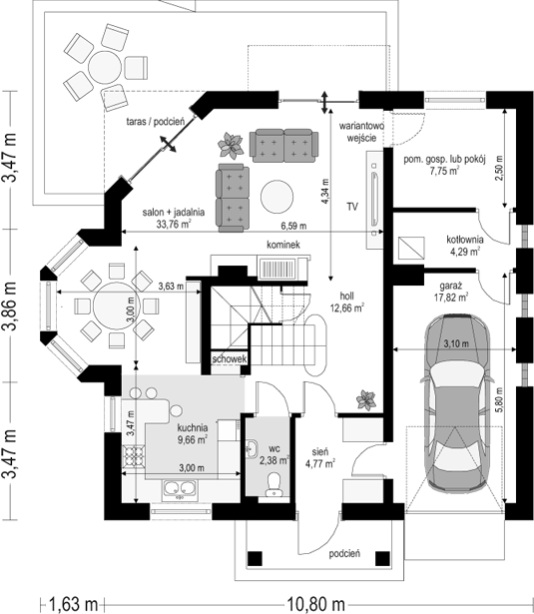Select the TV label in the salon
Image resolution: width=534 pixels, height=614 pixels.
[352, 207]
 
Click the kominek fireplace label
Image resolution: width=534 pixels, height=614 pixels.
[283, 245]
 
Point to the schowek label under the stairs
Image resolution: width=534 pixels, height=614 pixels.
[230, 358]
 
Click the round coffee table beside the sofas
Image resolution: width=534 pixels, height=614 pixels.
[276, 197]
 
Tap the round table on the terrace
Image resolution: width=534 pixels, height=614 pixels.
[105, 67]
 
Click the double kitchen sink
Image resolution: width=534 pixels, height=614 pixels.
[180, 489]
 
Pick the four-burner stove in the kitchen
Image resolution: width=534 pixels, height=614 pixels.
[134, 456]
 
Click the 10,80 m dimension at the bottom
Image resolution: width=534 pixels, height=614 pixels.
[316, 604]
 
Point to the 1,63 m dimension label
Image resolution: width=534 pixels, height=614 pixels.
[73, 604]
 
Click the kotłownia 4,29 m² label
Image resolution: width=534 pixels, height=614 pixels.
[465, 246]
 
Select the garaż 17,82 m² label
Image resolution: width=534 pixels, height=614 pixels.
[451, 292]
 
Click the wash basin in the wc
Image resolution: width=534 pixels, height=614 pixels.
[253, 448]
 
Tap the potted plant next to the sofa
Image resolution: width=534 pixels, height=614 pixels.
[231, 146]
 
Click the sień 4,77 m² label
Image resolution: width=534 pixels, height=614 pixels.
[319, 457]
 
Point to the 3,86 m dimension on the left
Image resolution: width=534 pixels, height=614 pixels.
[11, 306]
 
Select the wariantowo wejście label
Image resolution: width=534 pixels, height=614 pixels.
[361, 132]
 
